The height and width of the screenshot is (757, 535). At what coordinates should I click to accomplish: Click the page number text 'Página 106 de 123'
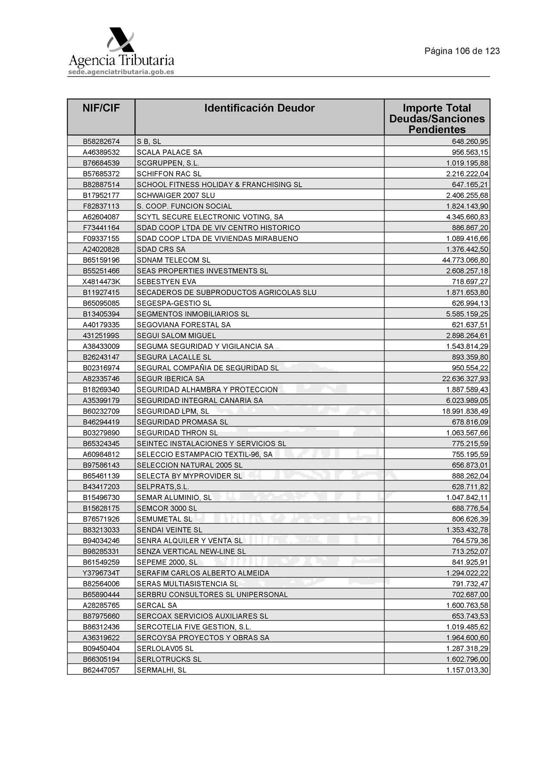(x=462, y=51)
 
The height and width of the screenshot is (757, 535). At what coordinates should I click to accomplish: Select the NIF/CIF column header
(x=101, y=108)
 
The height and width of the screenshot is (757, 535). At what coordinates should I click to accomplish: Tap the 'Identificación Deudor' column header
(x=259, y=108)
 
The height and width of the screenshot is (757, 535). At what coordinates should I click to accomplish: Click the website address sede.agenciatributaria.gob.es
(x=121, y=72)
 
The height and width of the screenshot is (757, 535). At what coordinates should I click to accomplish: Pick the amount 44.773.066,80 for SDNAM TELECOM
(x=465, y=260)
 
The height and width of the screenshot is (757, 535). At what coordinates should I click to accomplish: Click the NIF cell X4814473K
(x=101, y=282)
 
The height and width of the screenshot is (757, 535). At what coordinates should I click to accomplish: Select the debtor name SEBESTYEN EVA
(x=167, y=282)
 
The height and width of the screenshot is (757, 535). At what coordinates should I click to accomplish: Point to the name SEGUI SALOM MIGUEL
(x=176, y=336)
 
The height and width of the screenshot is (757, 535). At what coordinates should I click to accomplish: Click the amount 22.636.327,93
(x=465, y=379)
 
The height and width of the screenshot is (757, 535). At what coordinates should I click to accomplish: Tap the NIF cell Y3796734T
(x=101, y=573)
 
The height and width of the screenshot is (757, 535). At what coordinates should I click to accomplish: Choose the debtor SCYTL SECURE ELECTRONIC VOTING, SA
(x=210, y=217)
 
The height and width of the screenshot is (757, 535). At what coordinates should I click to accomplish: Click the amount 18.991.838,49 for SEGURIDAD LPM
(x=465, y=411)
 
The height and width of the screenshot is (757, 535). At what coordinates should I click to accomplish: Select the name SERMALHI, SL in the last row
(x=161, y=670)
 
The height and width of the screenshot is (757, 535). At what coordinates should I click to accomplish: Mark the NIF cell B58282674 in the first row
(x=101, y=141)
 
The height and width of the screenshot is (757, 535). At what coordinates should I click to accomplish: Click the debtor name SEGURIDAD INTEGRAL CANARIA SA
(x=199, y=400)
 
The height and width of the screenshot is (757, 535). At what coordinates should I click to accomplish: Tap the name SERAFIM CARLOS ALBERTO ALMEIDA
(x=203, y=573)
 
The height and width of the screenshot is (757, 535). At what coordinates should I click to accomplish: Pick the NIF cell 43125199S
(x=101, y=336)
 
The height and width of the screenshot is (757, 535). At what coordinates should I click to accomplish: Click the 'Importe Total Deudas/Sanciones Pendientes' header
(x=437, y=119)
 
